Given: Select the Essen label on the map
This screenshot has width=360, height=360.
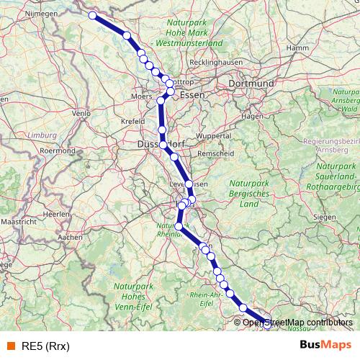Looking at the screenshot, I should pos(192,95).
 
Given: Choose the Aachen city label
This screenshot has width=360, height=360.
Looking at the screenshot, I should pos(70,236).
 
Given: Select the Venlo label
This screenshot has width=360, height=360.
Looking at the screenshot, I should pos(81,113).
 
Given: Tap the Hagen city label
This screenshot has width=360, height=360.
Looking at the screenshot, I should pos(253,115).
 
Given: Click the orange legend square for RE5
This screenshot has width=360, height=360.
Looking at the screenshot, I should pos(10,345).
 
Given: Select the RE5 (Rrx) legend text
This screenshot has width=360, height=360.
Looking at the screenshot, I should pos(45,345).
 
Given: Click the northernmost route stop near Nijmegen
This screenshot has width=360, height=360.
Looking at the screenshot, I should pos(92,15).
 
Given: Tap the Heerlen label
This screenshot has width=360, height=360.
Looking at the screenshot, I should pos(52,215).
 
